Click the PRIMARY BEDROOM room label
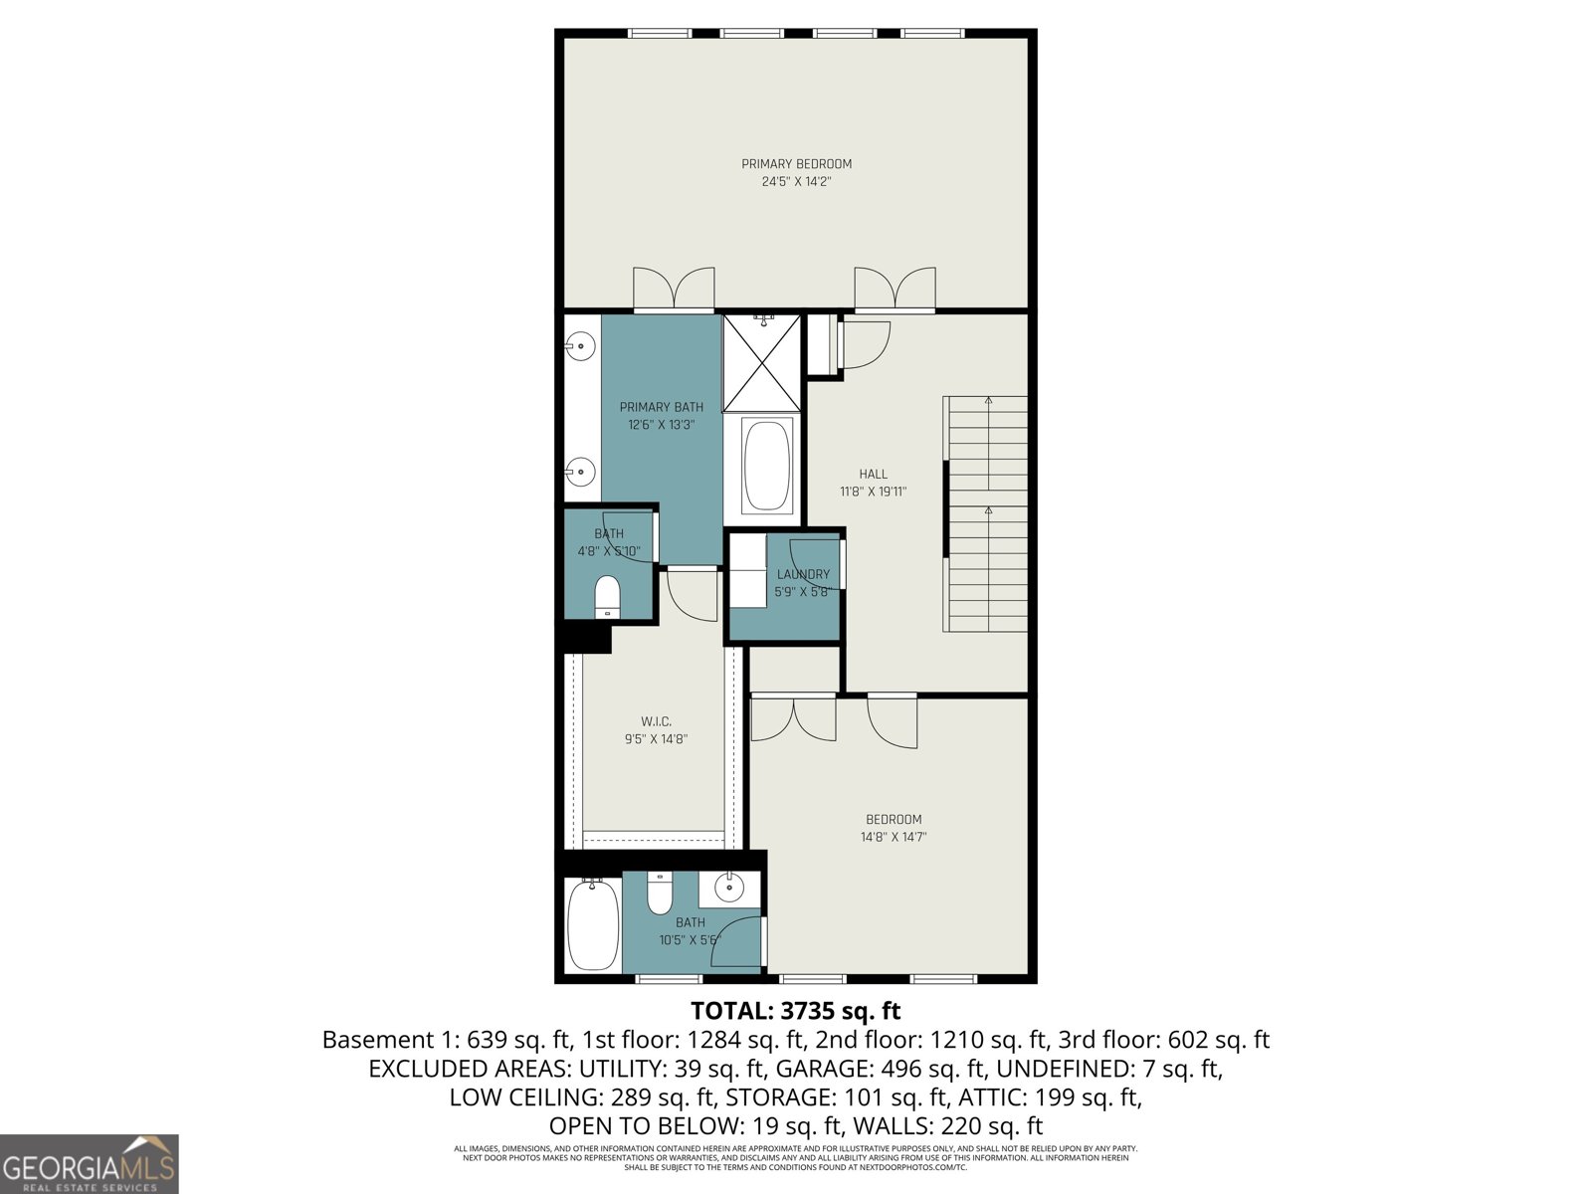796,164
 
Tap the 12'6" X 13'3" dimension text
661,425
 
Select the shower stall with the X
762,363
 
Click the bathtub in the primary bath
765,466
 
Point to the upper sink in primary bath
580,347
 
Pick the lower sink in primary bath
580,470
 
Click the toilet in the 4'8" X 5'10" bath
607,597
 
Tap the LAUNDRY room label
803,574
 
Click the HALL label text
873,475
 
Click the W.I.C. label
656,721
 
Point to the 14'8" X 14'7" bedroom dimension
894,838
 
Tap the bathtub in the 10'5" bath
593,925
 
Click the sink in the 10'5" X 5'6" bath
730,886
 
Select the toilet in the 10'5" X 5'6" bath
660,893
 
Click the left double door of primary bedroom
674,289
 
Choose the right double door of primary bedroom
895,289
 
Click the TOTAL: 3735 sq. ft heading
795,1011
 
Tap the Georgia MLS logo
89,1164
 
